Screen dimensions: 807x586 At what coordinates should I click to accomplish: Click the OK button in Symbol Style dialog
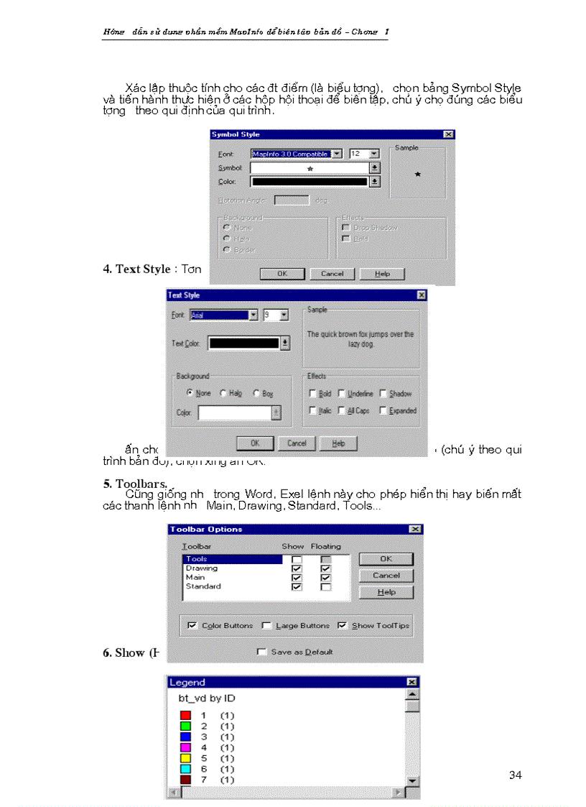click(282, 274)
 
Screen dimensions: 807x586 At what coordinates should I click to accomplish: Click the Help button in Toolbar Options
click(386, 592)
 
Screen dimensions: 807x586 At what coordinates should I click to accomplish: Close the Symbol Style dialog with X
click(448, 134)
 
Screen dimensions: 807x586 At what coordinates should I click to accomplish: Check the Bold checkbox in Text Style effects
click(312, 394)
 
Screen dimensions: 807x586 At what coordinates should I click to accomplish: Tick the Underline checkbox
click(342, 394)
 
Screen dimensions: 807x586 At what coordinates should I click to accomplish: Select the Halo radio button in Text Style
click(223, 394)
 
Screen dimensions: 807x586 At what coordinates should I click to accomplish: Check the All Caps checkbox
click(342, 411)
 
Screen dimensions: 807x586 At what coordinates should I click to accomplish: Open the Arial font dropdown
click(253, 315)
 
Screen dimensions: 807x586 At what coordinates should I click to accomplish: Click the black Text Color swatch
click(243, 343)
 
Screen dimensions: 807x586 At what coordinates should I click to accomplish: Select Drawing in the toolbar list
click(202, 568)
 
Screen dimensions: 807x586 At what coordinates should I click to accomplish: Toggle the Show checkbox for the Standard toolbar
click(297, 587)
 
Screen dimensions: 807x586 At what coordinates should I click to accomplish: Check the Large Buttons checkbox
click(266, 626)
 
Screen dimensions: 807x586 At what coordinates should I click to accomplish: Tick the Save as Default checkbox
click(262, 652)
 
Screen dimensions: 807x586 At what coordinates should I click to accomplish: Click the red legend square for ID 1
click(185, 716)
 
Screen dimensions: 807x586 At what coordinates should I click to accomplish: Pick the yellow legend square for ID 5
click(185, 758)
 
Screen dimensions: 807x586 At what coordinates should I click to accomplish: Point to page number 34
click(515, 775)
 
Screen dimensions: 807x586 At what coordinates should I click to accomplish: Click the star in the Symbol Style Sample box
click(417, 174)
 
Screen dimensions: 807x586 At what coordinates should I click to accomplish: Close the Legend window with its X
click(411, 682)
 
